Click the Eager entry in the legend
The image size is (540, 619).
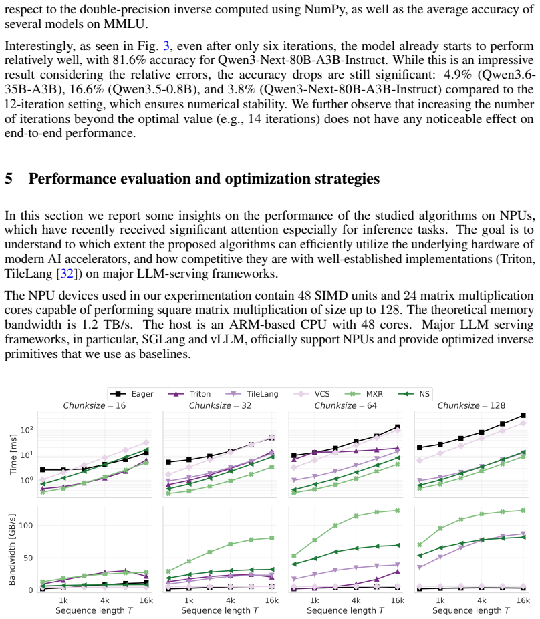tap(132, 394)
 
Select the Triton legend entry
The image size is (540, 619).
tap(189, 394)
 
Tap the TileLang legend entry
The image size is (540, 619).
tap(252, 394)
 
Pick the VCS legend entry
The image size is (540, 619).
tap(311, 394)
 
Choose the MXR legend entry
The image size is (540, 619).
tap(364, 394)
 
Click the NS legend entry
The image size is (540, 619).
tap(414, 394)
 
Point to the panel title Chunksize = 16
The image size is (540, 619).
tap(94, 405)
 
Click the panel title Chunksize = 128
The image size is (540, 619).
tap(471, 405)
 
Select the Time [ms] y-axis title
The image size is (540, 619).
tap(13, 454)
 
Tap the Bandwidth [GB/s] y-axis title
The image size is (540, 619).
tap(12, 550)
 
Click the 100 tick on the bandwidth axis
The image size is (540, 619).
tap(26, 526)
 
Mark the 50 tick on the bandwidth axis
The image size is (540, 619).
tap(29, 558)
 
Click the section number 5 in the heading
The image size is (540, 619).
tap(8, 179)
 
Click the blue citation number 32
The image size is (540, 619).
tap(66, 274)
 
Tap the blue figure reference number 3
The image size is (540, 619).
tap(166, 46)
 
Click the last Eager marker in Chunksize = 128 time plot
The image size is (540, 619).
tap(523, 416)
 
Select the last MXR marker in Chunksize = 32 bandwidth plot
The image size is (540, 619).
tap(272, 538)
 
